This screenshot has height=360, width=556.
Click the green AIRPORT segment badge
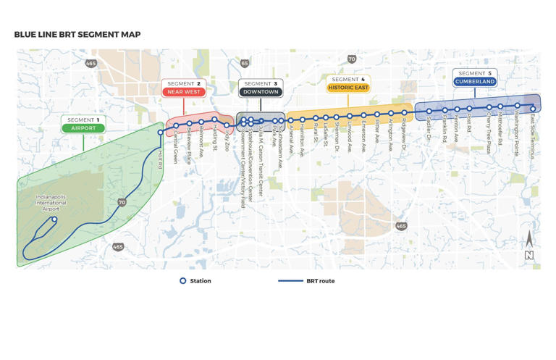[83, 128]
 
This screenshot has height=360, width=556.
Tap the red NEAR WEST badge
[183, 92]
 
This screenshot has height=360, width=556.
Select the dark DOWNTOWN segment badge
[261, 92]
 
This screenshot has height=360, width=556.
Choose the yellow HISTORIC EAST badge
[348, 88]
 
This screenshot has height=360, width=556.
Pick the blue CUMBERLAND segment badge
[475, 82]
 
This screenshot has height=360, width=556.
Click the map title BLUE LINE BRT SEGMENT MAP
[77, 35]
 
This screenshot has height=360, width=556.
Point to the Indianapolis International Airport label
[51, 203]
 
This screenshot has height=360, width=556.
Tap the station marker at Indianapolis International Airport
[54, 219]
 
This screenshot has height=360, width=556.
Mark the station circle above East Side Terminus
[534, 109]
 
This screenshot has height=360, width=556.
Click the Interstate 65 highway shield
[245, 64]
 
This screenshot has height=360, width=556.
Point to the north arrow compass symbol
[529, 246]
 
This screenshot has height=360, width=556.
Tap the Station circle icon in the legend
[183, 281]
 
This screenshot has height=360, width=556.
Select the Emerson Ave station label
[363, 135]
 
